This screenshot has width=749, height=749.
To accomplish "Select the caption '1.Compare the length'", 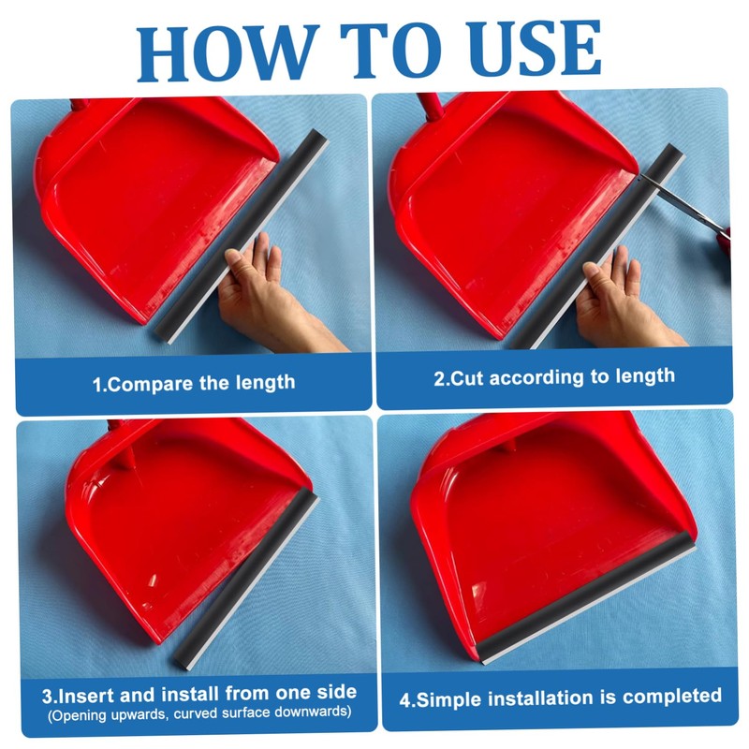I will click(193, 382).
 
